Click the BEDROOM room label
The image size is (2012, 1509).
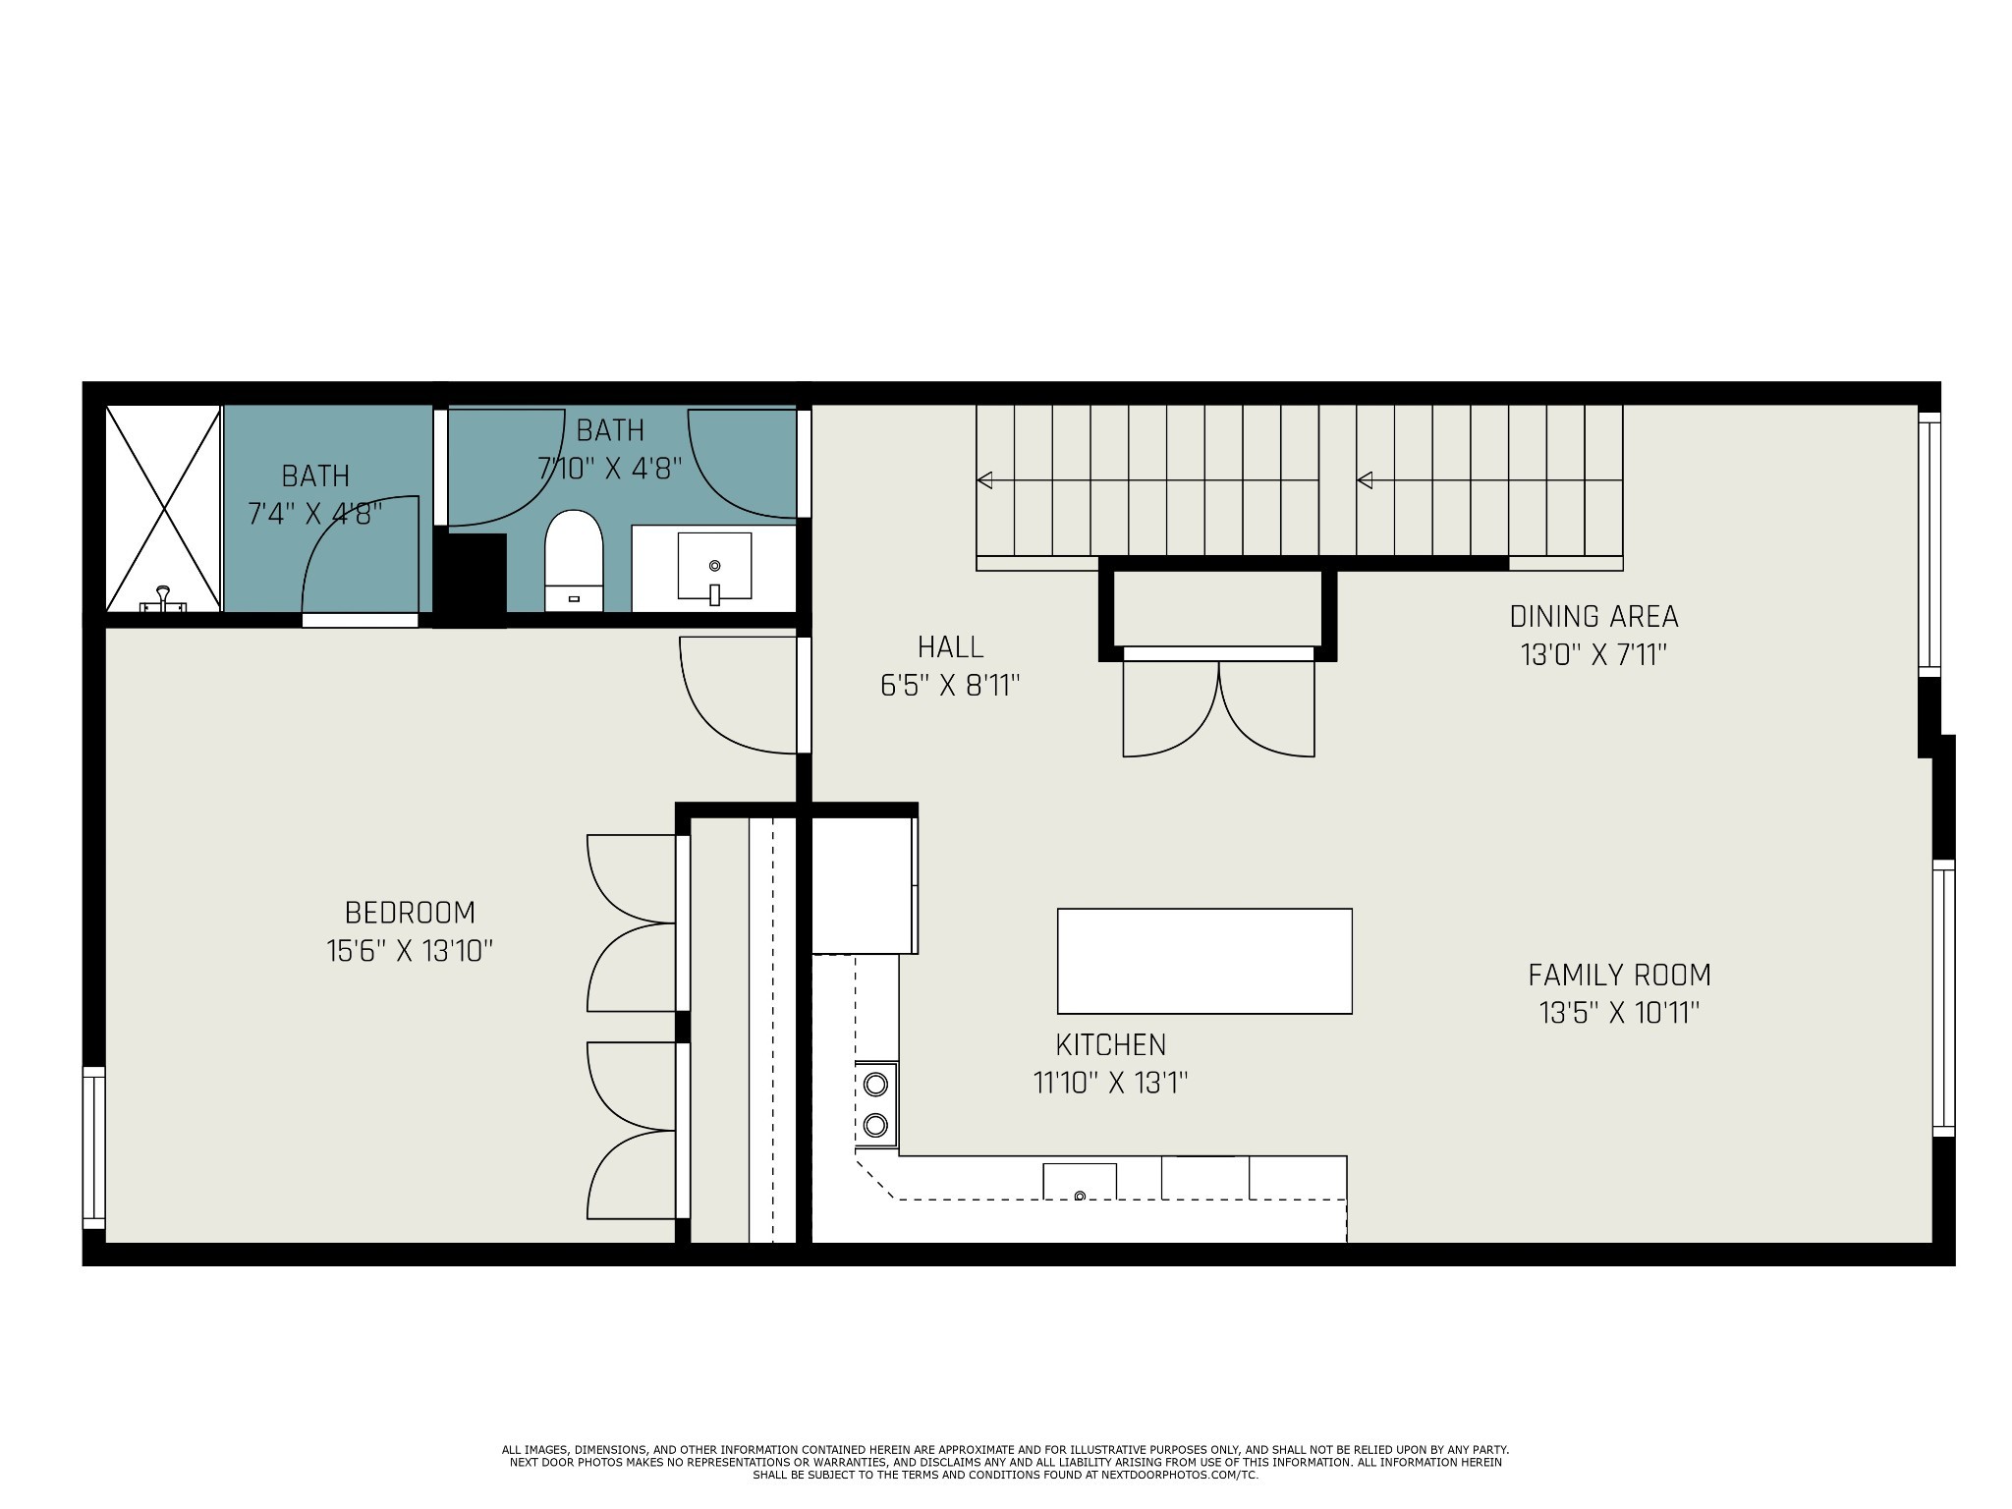click(x=410, y=913)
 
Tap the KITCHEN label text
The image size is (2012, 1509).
click(x=1110, y=1044)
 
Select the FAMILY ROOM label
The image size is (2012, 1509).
click(x=1619, y=975)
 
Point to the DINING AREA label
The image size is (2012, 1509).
click(x=1593, y=617)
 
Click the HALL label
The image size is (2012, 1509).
click(x=950, y=647)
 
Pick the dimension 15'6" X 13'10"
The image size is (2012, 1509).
click(x=410, y=951)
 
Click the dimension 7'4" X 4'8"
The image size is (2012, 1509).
click(x=314, y=513)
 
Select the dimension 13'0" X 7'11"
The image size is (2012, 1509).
click(x=1593, y=655)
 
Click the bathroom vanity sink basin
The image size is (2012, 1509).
click(x=714, y=566)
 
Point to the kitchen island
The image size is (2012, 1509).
click(x=1204, y=961)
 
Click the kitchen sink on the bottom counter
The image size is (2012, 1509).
click(x=1079, y=1181)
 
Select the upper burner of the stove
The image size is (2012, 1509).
click(x=875, y=1084)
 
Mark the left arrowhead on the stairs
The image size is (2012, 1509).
click(x=984, y=480)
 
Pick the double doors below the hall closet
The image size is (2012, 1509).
click(x=1218, y=707)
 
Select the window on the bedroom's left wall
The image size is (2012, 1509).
click(x=93, y=1146)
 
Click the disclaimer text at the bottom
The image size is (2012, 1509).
click(x=1005, y=1462)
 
